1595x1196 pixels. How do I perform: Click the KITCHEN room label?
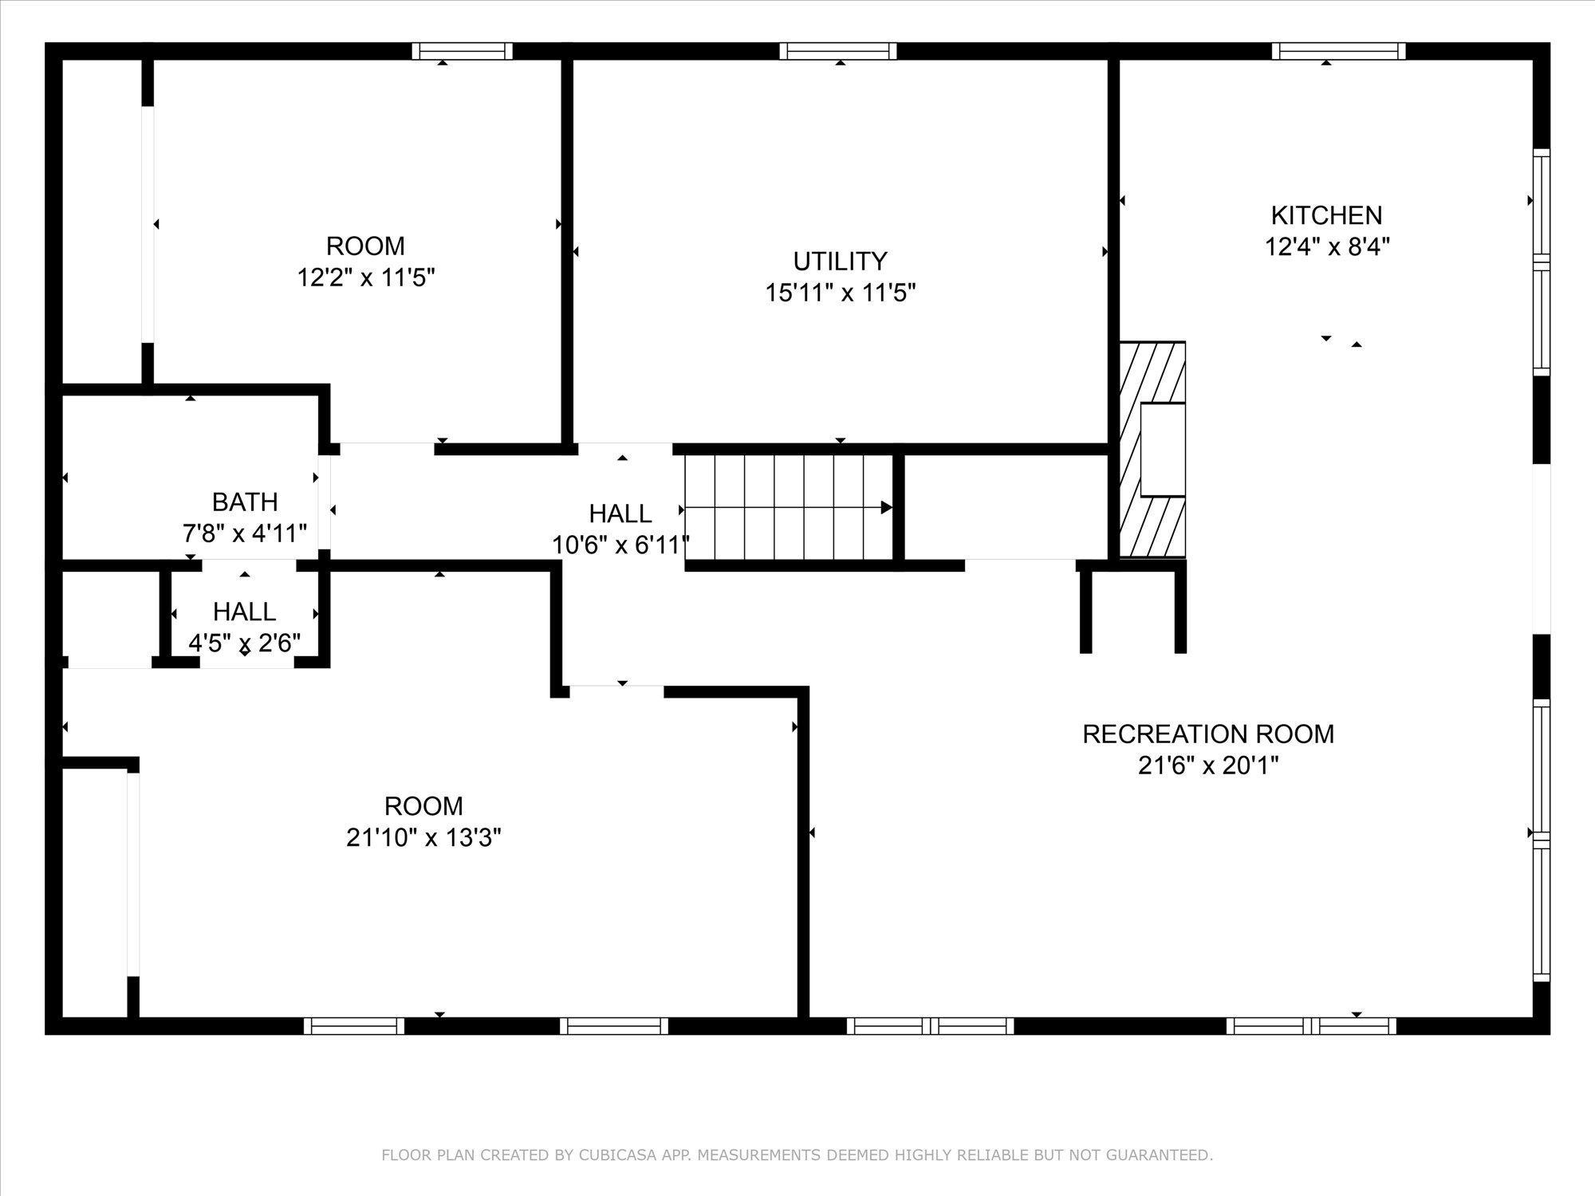(1326, 215)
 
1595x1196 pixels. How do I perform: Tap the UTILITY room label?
(840, 262)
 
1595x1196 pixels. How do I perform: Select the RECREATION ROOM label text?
(1207, 734)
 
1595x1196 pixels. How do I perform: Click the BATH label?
(245, 502)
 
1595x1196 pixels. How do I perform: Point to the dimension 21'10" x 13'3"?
(423, 838)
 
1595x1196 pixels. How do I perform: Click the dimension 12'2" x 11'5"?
(365, 277)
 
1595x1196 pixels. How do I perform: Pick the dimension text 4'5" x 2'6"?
(244, 643)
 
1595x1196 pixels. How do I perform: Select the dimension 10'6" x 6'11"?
(620, 545)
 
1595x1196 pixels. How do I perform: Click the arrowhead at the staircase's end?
(886, 508)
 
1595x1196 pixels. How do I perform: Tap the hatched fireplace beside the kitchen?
(1152, 450)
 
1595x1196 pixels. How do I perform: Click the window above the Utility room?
(838, 52)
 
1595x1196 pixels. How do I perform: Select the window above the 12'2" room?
(462, 52)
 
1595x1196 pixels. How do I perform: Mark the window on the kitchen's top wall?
(1337, 52)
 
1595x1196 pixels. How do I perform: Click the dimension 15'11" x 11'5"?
(840, 293)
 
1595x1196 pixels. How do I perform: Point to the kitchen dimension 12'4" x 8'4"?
(1327, 247)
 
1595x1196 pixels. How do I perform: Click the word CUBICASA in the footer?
(617, 1155)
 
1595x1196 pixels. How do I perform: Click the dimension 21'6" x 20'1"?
(1207, 766)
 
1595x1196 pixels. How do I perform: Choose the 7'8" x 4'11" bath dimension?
(245, 533)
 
